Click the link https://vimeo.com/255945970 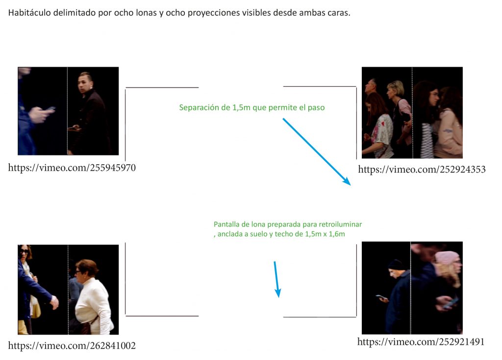click(72, 168)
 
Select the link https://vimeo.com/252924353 click(422, 169)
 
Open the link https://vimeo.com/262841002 click(72, 345)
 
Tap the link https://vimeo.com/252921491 click(421, 341)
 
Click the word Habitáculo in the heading click(29, 13)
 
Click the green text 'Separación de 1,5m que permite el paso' click(251, 107)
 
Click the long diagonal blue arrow click(316, 152)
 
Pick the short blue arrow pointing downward click(276, 279)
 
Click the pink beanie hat click(447, 257)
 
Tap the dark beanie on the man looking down click(396, 264)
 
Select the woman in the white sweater click(93, 296)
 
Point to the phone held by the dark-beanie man click(380, 297)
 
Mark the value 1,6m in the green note click(337, 234)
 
